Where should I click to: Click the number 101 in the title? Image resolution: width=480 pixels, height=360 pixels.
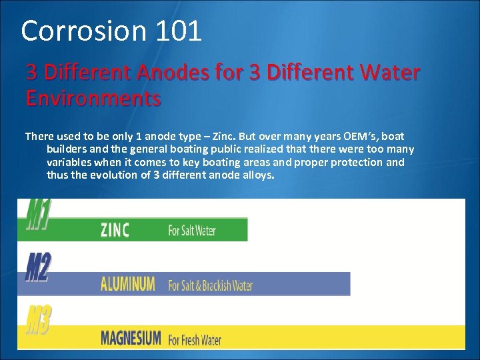click(179, 31)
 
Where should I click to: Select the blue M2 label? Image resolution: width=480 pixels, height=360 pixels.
click(38, 267)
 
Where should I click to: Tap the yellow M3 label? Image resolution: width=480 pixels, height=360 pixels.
click(39, 320)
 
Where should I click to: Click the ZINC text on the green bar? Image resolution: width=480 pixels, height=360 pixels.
click(115, 231)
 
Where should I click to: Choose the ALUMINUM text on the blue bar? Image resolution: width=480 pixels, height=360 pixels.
click(127, 285)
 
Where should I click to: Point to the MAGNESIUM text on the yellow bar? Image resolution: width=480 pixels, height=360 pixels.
click(131, 338)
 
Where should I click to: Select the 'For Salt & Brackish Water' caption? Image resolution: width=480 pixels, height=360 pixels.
click(211, 285)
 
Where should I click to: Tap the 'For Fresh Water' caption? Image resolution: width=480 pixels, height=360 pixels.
click(195, 339)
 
